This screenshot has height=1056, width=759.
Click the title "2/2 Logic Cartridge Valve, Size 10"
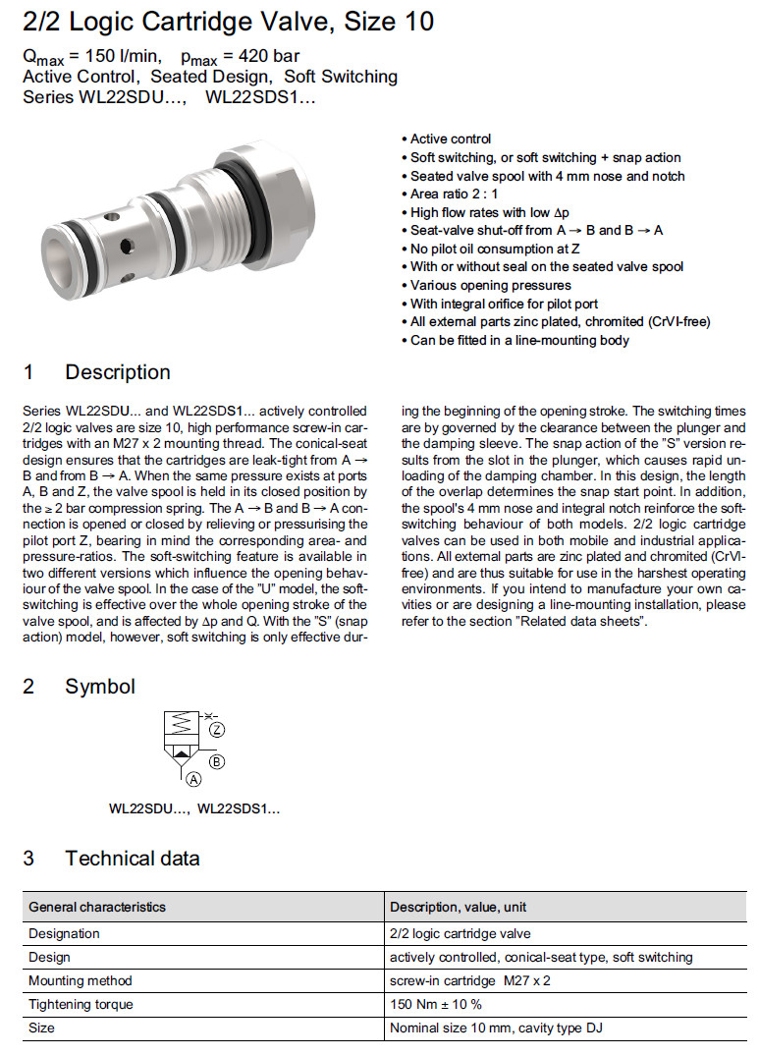[228, 21]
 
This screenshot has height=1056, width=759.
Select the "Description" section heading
[117, 372]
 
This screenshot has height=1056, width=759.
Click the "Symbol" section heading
[100, 687]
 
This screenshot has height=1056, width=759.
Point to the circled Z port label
[217, 730]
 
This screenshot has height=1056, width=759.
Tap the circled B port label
[217, 761]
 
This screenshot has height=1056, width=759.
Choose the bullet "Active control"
[451, 139]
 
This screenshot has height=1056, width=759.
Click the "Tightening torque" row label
[81, 1004]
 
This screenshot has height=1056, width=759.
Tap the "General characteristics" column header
[97, 907]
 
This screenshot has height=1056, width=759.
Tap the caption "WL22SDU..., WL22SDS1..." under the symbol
[193, 809]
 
